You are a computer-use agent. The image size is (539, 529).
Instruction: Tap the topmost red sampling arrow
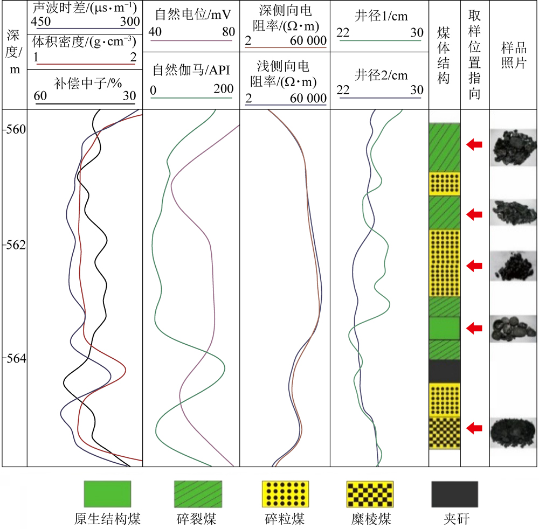coord(474,144)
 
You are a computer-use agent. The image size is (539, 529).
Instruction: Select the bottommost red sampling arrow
coord(474,428)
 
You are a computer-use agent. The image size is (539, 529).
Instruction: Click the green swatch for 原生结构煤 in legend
coord(107,495)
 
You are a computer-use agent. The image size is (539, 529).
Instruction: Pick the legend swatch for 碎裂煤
coord(198,495)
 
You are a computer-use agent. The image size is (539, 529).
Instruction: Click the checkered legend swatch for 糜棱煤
coord(369,495)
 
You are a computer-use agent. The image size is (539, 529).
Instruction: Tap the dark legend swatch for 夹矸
coord(454,495)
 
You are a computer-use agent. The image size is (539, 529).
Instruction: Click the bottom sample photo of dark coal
coord(513,431)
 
